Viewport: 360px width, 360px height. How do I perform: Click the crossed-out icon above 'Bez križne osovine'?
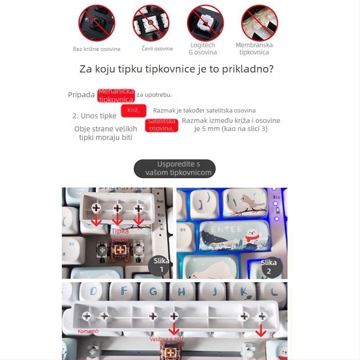(97, 23)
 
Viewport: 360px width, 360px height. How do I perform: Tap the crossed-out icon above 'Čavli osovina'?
(151, 23)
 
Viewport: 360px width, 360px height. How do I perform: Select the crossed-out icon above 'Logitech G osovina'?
(205, 23)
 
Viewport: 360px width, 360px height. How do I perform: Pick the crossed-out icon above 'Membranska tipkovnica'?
(259, 23)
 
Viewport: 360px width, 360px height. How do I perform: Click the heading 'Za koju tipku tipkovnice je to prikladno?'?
(176, 69)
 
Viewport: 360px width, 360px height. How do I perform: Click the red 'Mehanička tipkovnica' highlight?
(116, 95)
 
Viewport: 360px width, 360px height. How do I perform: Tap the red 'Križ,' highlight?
(134, 111)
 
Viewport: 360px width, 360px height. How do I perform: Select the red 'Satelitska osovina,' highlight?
(162, 125)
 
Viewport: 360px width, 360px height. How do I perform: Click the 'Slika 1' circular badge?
(161, 265)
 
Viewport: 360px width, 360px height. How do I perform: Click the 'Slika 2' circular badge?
(269, 266)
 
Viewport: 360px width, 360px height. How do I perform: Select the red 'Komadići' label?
(88, 331)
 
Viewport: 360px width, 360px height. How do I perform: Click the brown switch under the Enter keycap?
(120, 251)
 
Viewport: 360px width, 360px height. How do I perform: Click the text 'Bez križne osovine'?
(97, 49)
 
